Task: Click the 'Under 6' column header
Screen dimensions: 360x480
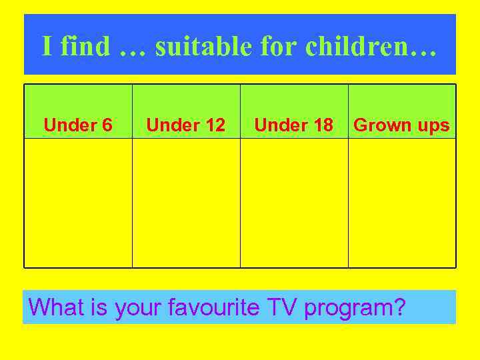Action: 78,125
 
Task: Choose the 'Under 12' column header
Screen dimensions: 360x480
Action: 186,125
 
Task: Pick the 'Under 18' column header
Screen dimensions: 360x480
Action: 294,125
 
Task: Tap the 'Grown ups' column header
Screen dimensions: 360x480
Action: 402,125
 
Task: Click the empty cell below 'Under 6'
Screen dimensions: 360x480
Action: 78,203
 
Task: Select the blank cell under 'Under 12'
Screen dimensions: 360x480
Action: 186,203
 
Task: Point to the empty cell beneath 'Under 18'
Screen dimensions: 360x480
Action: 294,203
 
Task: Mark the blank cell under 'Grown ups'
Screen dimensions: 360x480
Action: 402,203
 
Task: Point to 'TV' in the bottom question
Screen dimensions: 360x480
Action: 282,307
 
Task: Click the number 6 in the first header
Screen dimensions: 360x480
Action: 107,125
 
